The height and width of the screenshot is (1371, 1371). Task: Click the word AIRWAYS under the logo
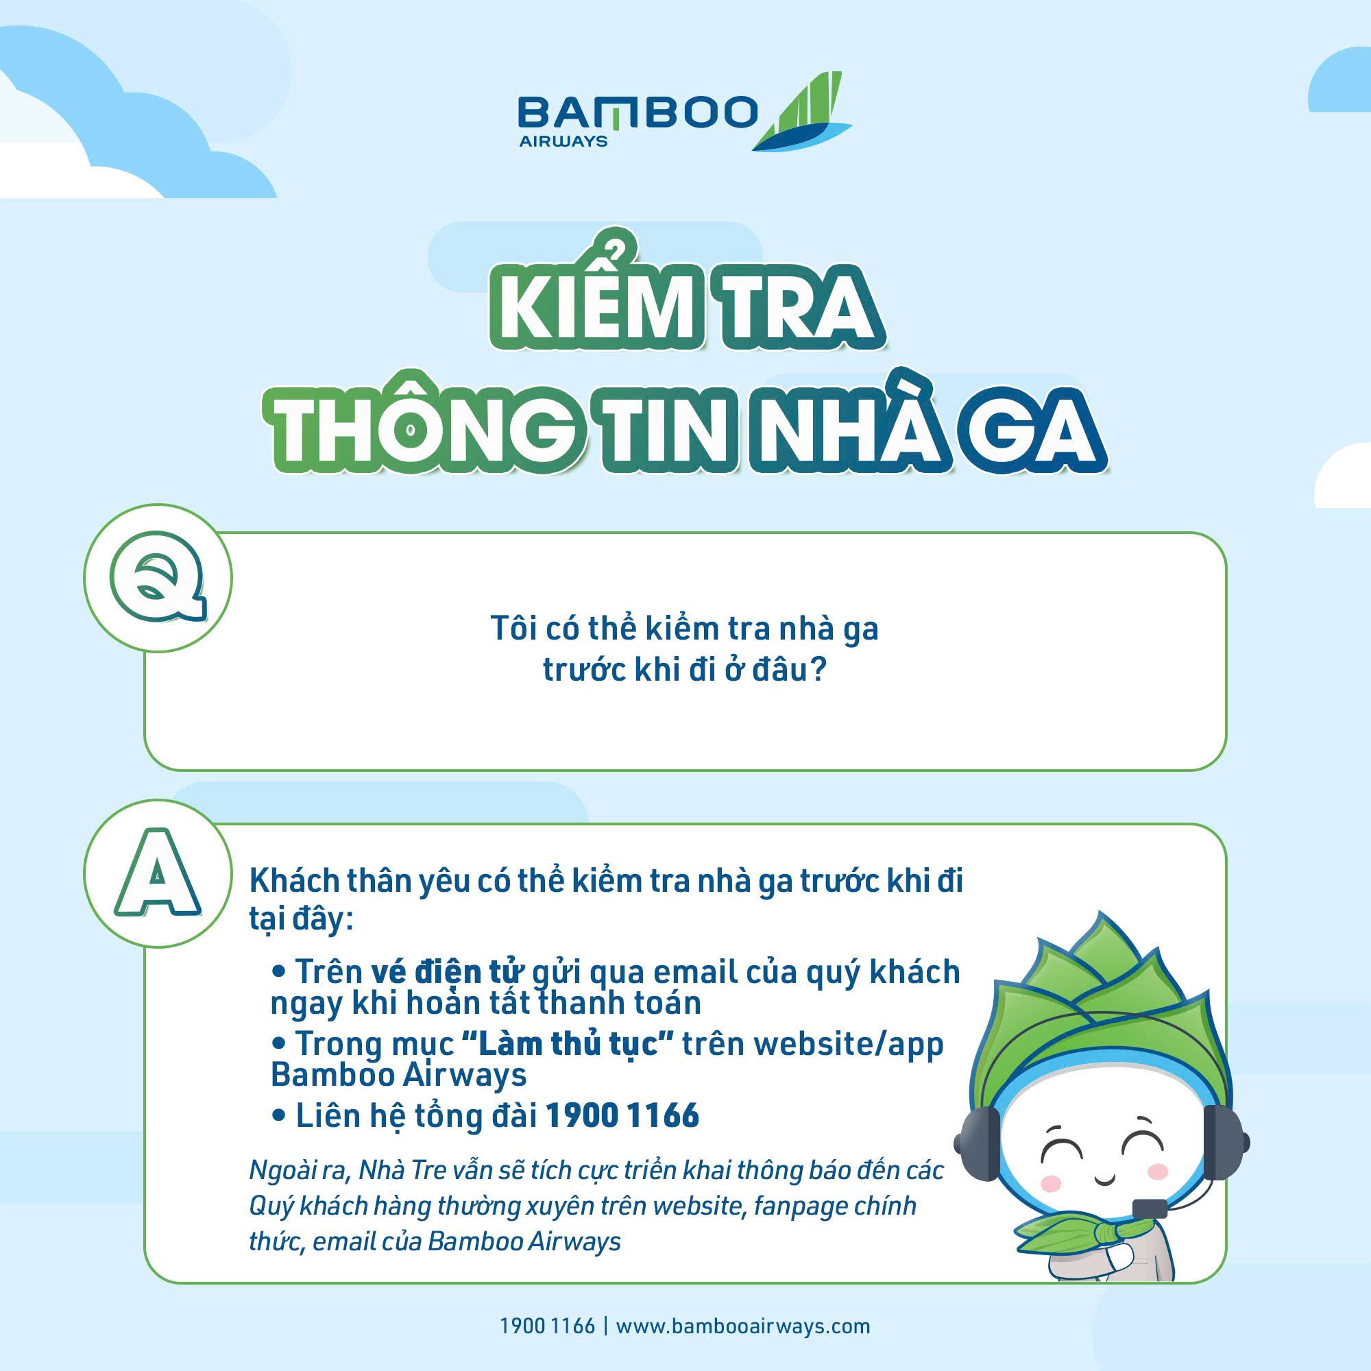click(x=563, y=141)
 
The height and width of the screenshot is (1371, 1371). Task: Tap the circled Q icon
click(x=158, y=579)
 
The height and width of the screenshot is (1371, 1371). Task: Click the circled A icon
click(x=158, y=873)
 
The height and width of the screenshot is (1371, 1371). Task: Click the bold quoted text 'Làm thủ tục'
click(x=567, y=1043)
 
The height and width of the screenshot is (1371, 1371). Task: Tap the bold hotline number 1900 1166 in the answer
click(x=622, y=1115)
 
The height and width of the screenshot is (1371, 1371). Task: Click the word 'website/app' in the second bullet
click(x=849, y=1045)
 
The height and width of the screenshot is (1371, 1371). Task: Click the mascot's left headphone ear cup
click(x=978, y=1143)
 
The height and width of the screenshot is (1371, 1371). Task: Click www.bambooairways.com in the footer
click(x=742, y=1326)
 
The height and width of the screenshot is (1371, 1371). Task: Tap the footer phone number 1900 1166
click(x=547, y=1326)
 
